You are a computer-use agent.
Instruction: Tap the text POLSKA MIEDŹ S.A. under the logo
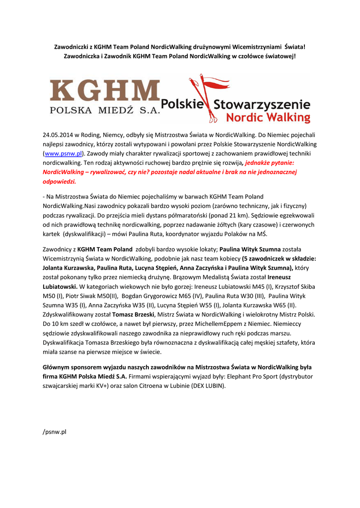coord(105,110)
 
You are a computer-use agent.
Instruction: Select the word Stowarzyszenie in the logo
coord(262,105)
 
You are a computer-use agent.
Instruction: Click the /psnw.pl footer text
coord(55,432)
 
